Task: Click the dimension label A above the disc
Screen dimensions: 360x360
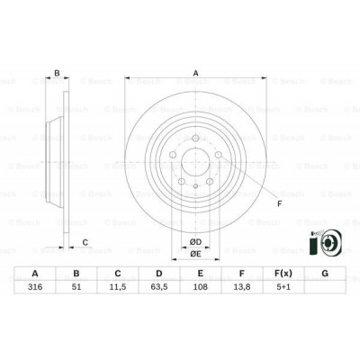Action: coord(194,75)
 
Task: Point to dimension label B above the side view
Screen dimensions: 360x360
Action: coord(57,75)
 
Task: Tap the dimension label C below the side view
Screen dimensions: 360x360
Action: coord(85,242)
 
